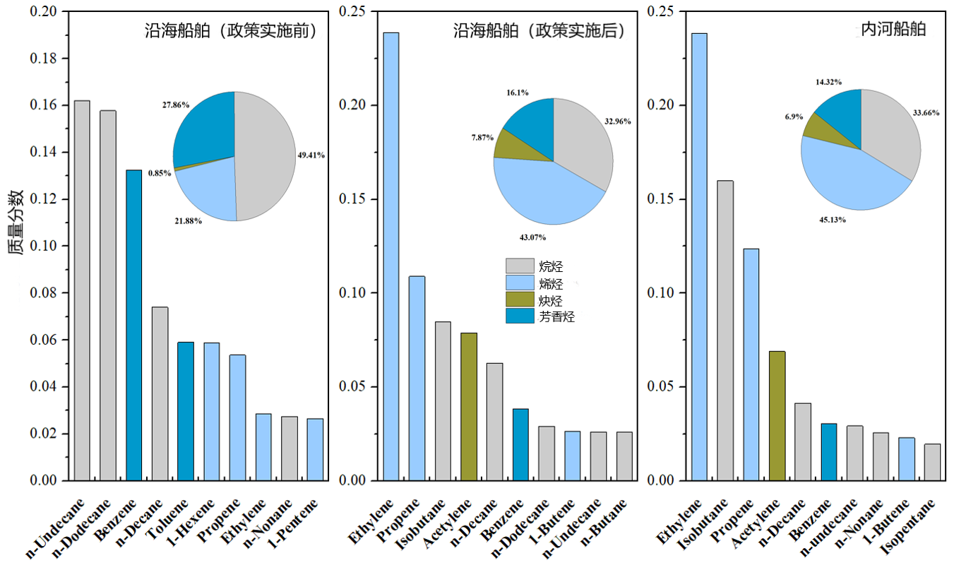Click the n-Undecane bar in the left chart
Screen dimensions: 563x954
click(82, 290)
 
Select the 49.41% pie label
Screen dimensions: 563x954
click(310, 155)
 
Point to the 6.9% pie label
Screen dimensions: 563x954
click(789, 114)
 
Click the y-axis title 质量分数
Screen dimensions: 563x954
click(16, 223)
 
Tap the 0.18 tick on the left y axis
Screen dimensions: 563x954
click(44, 59)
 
